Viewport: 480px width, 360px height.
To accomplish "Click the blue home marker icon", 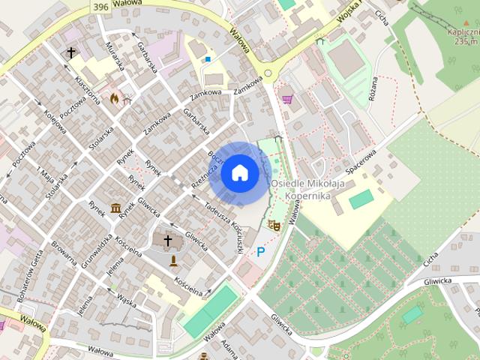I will [x=239, y=173].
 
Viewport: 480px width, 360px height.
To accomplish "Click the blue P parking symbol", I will [x=260, y=252].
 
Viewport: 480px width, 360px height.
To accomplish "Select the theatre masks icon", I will [x=274, y=224].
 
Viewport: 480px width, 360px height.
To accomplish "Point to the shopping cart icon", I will [x=286, y=98].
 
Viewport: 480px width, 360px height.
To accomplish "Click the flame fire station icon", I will [x=114, y=98].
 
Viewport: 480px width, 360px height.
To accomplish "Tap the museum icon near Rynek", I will [x=116, y=207].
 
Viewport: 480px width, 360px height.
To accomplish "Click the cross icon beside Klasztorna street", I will [x=72, y=52].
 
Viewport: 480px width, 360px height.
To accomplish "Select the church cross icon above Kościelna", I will [x=168, y=241].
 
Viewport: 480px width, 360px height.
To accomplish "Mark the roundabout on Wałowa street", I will [x=268, y=73].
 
